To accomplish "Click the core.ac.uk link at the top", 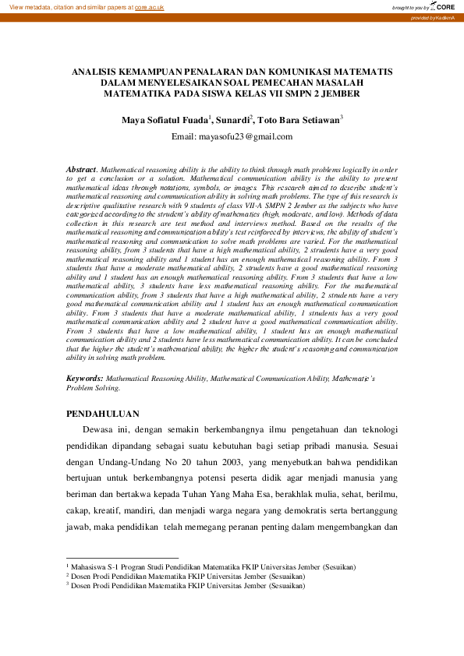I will [147, 6].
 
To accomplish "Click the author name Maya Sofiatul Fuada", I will [165, 120].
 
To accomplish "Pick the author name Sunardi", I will [232, 120].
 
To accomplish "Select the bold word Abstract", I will [80, 168].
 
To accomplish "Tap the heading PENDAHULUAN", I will [102, 413].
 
